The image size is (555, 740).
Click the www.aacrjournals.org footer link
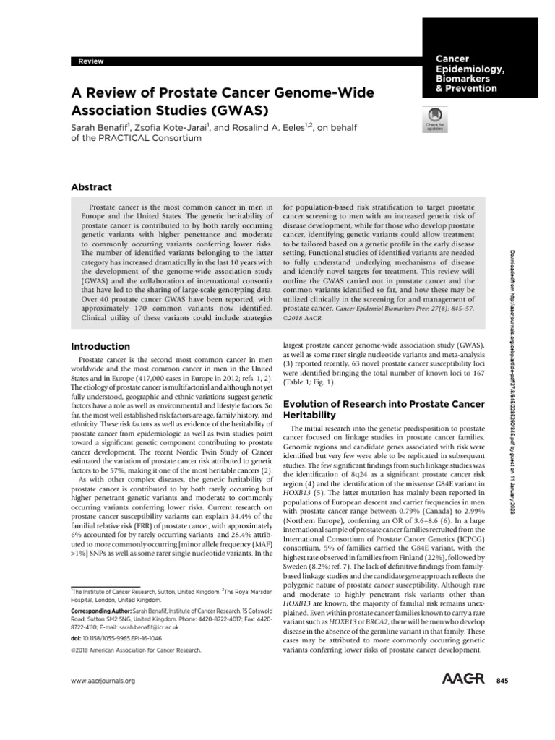pos(101,681)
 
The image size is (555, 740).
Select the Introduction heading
pos(100,346)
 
